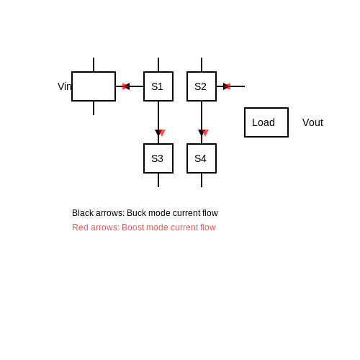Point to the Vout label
tap(312, 122)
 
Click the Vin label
tap(65, 86)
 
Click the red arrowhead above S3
tap(162, 132)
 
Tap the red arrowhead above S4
tap(205, 132)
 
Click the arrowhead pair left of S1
tap(126, 86)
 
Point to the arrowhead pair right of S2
tap(227, 86)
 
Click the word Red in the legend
tap(78, 228)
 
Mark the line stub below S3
tap(158, 180)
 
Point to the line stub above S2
tap(202, 65)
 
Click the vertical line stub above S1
tap(158, 65)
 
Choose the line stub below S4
tap(202, 180)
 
